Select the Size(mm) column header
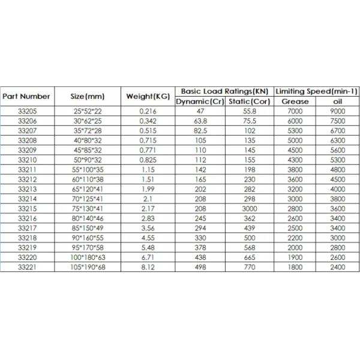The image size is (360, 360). (88, 96)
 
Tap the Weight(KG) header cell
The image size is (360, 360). (148, 96)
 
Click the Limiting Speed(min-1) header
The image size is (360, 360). (316, 91)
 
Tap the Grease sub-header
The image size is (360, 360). (295, 101)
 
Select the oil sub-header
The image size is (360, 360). (337, 101)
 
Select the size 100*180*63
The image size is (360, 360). (88, 257)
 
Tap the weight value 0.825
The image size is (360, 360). (148, 160)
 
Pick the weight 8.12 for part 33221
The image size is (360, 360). (148, 266)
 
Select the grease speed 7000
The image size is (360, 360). (295, 111)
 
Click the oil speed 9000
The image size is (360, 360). (337, 111)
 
